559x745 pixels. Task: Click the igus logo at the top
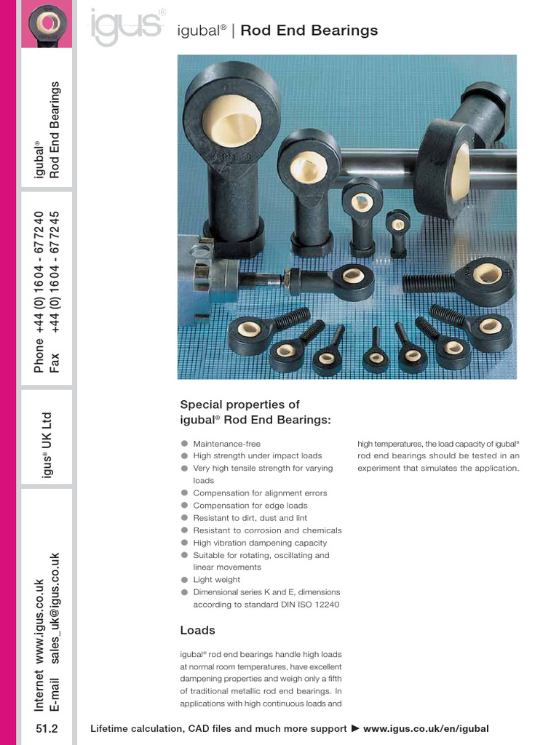click(x=125, y=27)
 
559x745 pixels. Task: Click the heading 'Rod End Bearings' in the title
click(x=309, y=31)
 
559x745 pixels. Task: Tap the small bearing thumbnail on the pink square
click(x=47, y=24)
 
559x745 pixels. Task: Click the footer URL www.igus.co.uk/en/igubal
click(x=426, y=729)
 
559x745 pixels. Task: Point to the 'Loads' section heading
click(x=197, y=630)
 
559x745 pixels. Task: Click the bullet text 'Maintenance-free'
click(x=226, y=444)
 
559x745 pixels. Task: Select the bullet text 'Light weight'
click(x=216, y=580)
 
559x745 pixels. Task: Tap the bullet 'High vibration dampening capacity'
click(x=260, y=543)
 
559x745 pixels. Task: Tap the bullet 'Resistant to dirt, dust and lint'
click(x=250, y=518)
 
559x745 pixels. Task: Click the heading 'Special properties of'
click(x=239, y=405)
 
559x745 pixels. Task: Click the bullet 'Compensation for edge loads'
click(x=250, y=506)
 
